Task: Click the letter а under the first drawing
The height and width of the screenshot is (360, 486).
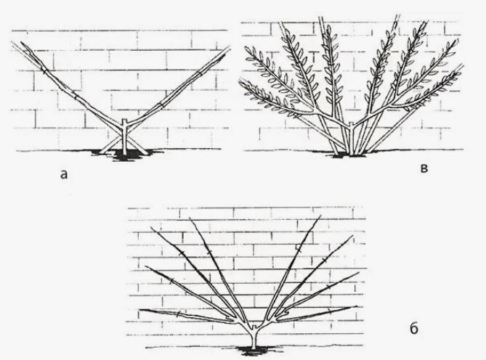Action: (x=64, y=175)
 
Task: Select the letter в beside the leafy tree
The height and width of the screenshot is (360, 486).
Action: (x=425, y=168)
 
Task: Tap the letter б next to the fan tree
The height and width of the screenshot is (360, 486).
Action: (x=414, y=328)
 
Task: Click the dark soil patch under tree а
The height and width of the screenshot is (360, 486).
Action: (x=124, y=154)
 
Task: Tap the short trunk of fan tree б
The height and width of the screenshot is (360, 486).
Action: (x=254, y=339)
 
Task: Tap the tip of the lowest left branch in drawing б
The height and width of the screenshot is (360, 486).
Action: (x=140, y=310)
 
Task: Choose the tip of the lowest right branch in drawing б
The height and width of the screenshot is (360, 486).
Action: (x=357, y=307)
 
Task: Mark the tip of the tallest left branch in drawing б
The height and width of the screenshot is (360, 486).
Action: (x=190, y=218)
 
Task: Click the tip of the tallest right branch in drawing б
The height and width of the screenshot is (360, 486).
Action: (x=321, y=216)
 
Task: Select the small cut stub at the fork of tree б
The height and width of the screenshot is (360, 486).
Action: (x=254, y=327)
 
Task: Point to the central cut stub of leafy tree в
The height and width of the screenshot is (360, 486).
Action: (x=351, y=125)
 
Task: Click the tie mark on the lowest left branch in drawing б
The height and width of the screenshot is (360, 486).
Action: (x=178, y=314)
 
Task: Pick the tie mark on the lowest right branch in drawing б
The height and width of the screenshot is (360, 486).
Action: (x=330, y=311)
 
